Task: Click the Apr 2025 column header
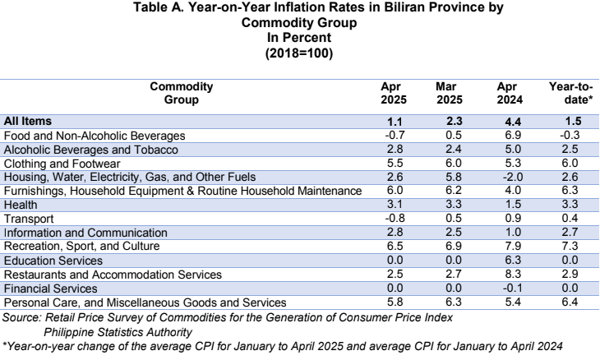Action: point(394,93)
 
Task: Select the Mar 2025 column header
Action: point(450,93)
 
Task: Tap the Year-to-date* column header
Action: point(571,93)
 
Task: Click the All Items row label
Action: point(28,122)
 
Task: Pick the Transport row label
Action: point(29,219)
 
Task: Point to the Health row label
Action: point(21,205)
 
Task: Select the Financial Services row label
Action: point(50,288)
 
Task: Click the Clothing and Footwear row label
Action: point(62,164)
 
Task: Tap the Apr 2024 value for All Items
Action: point(513,122)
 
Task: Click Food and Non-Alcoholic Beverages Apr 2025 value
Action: point(395,135)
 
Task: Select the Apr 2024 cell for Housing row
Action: point(513,178)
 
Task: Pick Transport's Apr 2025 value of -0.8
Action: point(395,218)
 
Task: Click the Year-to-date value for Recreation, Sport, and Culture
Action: point(570,246)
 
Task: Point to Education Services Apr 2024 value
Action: point(513,261)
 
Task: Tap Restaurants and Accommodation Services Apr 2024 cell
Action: point(513,274)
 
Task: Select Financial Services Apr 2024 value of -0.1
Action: point(513,288)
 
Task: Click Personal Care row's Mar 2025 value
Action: point(454,302)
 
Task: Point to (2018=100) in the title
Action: point(299,53)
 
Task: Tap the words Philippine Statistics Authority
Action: point(118,332)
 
